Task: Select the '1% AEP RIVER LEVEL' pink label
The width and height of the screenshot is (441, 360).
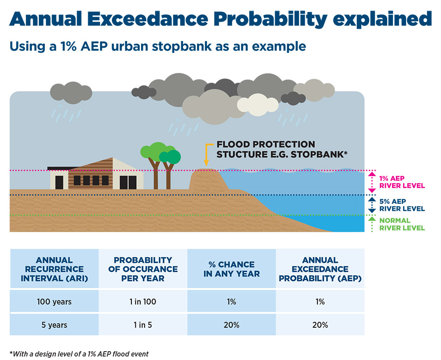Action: click(402, 182)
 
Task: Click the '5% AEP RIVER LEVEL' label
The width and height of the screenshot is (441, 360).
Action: click(402, 205)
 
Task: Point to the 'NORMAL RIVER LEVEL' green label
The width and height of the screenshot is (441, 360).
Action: click(402, 224)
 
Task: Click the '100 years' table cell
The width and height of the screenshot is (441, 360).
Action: click(54, 302)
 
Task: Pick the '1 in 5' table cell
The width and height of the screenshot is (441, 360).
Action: click(143, 325)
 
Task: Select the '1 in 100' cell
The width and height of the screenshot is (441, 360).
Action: click(143, 302)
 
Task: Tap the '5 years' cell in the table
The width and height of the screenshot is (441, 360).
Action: click(54, 325)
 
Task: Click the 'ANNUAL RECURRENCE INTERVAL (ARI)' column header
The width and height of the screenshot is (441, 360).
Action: click(54, 269)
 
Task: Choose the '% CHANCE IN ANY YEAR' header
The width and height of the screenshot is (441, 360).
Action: click(232, 269)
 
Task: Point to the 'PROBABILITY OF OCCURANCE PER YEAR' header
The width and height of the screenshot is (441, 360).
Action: click(143, 269)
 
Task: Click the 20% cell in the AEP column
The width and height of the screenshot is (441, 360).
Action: click(320, 325)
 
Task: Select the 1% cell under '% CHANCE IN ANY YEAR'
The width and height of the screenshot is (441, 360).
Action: click(232, 302)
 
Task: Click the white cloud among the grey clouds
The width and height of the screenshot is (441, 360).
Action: click(258, 105)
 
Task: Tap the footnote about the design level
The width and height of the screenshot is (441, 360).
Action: click(79, 354)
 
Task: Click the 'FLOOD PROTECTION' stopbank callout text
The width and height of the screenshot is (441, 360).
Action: click(266, 144)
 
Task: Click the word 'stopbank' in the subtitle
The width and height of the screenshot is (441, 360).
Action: click(182, 46)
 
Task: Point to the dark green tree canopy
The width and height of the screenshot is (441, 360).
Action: click(170, 157)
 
